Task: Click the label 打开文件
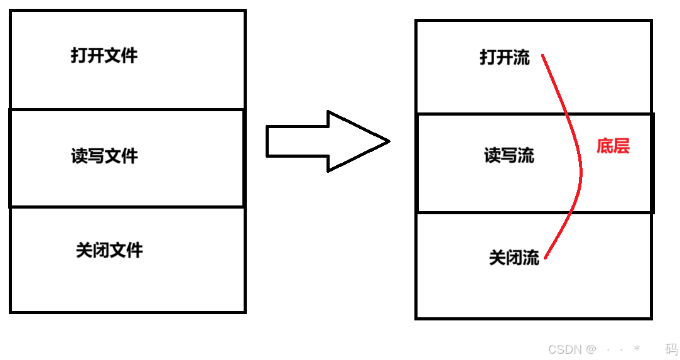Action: pos(104,56)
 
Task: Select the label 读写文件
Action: pos(104,156)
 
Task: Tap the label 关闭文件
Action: pos(109,250)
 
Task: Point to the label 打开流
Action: pos(505,58)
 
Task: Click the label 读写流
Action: pos(509,155)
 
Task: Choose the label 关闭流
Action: pos(514,258)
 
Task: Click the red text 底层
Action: pos(613,146)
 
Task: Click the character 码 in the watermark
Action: pos(671,349)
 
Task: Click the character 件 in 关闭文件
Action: pos(134,250)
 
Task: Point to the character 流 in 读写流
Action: pos(526,155)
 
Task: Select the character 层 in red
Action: pos(621,146)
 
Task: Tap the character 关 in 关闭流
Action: pos(497,258)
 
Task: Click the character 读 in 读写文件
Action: pos(80,156)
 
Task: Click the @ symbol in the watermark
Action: pos(591,349)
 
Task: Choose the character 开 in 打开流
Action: pos(505,58)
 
